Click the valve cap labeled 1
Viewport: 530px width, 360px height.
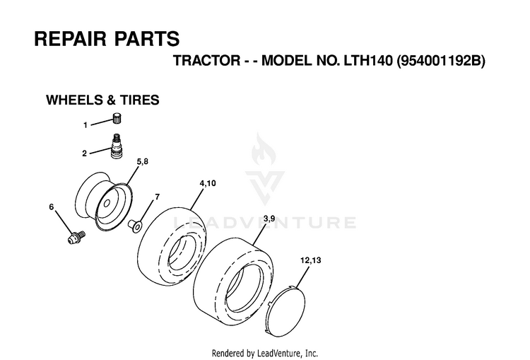[117, 119]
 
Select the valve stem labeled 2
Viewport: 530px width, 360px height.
[117, 146]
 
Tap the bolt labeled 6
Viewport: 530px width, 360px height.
[76, 237]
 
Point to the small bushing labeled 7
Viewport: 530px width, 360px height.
[135, 226]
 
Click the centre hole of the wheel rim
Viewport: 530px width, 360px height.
[107, 204]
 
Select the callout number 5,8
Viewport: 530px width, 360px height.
[142, 161]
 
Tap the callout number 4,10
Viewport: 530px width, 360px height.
[208, 183]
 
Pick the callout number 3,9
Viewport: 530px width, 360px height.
[269, 219]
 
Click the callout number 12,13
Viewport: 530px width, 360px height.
[311, 260]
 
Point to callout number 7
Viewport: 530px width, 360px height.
[157, 197]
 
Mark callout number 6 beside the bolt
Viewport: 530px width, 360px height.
[52, 207]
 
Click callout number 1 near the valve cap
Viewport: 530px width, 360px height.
[86, 125]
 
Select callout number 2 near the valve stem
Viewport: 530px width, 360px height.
[85, 153]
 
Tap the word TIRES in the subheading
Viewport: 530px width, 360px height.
[140, 100]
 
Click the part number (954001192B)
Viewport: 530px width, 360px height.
[441, 61]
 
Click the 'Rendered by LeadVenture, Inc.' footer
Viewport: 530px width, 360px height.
[265, 353]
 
